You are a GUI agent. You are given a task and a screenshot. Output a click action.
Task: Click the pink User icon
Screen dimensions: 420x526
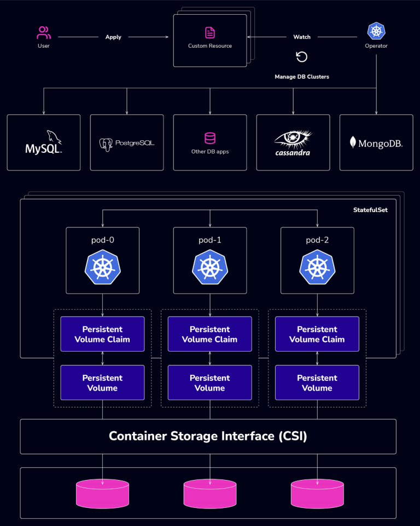tap(44, 32)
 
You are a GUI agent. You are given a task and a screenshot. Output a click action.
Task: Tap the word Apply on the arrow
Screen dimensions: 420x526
tap(113, 37)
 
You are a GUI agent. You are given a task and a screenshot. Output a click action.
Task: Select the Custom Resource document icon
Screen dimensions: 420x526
tap(210, 33)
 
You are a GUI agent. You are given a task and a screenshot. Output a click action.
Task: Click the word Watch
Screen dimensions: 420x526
tap(302, 37)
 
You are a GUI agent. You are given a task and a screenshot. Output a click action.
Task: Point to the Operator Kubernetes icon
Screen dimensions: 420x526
tap(376, 31)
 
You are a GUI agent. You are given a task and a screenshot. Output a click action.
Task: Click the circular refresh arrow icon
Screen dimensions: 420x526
tap(301, 56)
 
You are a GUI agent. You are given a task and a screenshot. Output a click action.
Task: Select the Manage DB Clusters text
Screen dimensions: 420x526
tap(302, 77)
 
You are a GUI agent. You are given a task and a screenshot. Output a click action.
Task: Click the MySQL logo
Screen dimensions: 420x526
tap(44, 142)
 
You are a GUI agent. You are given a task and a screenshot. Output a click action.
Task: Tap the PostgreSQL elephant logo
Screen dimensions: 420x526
tap(106, 145)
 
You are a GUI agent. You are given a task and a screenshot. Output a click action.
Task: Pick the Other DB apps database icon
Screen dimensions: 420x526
tap(210, 138)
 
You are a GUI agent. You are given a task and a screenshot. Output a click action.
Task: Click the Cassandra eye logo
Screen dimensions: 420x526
tap(293, 143)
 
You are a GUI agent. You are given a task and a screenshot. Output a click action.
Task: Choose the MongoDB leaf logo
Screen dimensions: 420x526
tap(352, 142)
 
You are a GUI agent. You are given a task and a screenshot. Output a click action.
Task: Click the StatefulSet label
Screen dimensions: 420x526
tap(370, 210)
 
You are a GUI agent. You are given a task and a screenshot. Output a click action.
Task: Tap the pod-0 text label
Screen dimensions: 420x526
tap(102, 240)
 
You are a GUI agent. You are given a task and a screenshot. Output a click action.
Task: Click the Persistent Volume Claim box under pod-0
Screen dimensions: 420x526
tap(102, 334)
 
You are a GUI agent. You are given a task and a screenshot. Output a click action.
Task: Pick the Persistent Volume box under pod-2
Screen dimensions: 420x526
tap(317, 383)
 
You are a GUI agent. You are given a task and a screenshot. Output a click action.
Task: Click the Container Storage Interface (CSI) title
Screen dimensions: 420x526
tap(208, 436)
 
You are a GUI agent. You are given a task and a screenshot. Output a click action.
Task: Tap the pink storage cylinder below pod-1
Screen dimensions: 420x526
tap(210, 494)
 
